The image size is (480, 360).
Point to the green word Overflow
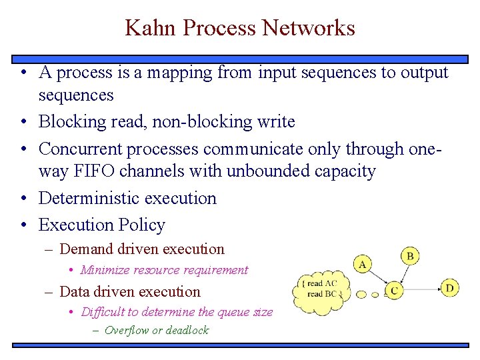[127, 330]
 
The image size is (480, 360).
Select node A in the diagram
[363, 264]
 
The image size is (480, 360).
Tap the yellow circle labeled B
[410, 255]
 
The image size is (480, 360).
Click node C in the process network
[395, 290]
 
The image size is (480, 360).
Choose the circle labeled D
[450, 288]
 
